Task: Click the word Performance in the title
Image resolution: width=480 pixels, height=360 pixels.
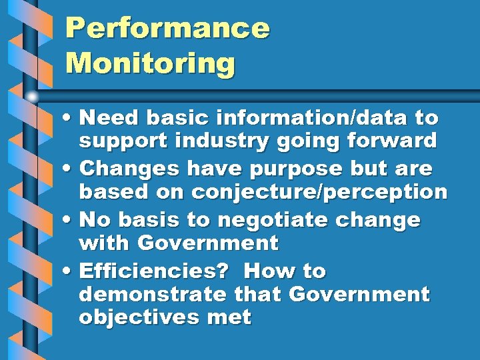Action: tap(167, 29)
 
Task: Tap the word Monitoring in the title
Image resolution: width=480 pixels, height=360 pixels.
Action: tap(151, 64)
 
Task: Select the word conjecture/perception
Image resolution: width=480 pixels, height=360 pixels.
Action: tap(319, 192)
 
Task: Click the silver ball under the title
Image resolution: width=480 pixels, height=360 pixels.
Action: tap(32, 96)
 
